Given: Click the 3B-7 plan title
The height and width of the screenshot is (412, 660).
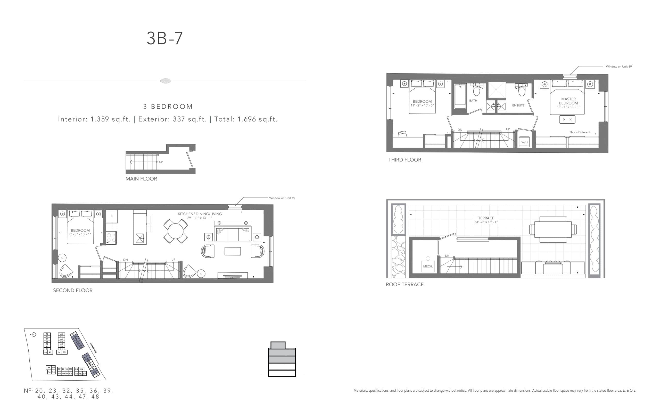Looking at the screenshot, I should point(164,38).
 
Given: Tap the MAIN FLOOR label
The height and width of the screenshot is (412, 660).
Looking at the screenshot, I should point(141,179).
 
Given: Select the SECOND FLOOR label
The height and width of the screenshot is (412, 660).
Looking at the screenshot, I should point(72,290).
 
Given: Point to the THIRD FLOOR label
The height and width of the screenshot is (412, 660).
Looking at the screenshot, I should point(405,160).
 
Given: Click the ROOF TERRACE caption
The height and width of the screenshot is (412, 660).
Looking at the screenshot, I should point(405,285).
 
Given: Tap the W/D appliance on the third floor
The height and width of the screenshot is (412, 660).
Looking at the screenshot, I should point(524,142).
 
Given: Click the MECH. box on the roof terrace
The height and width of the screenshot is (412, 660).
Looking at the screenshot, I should point(428,266).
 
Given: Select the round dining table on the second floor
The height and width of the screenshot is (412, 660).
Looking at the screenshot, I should point(175,231).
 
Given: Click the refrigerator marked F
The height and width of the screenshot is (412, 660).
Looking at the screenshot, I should point(112,216).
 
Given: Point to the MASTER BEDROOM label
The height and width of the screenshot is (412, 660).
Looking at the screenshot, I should point(568,101).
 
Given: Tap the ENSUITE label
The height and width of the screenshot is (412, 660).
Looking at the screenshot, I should point(518,106).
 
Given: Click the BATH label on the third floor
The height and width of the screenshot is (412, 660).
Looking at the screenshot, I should point(473,100).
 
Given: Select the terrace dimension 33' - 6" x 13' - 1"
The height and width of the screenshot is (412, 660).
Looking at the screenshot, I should point(486,222).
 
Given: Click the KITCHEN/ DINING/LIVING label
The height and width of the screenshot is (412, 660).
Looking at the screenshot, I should point(200,214).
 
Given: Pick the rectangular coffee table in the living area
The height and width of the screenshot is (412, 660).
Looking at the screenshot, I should point(232,251).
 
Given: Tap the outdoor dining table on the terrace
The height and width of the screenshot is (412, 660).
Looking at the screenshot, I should point(553,229).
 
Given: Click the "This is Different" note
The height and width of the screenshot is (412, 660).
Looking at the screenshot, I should point(579,132).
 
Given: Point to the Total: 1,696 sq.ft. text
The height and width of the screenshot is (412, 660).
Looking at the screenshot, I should point(246,119).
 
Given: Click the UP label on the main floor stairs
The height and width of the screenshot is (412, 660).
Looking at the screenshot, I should point(161,162).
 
